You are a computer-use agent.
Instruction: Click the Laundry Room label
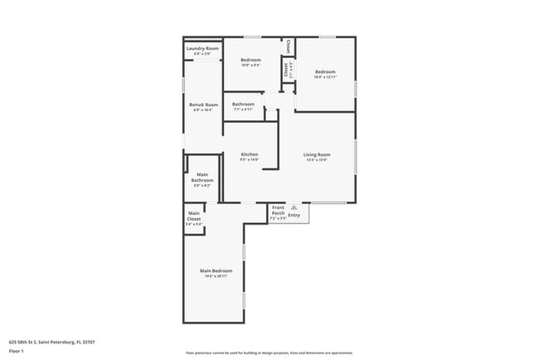click(202, 49)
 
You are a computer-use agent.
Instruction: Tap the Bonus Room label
click(203, 105)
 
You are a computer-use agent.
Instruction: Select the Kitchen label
click(250, 154)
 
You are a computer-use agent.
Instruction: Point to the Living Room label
click(317, 154)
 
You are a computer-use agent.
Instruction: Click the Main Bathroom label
click(202, 178)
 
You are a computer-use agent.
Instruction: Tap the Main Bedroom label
click(216, 270)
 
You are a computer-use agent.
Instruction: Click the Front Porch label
click(278, 211)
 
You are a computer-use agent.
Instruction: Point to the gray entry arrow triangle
click(293, 207)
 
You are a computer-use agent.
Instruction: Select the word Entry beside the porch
click(294, 215)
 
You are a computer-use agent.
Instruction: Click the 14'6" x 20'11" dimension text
click(216, 276)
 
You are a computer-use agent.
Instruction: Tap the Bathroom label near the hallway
click(243, 104)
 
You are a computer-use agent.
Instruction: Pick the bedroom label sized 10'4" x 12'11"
click(325, 72)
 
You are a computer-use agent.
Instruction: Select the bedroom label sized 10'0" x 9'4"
click(250, 60)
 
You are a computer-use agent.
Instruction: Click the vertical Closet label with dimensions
click(287, 70)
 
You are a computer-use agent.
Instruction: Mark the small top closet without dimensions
click(289, 47)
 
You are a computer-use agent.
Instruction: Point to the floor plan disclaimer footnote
click(269, 352)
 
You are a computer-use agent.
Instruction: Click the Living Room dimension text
click(317, 160)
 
